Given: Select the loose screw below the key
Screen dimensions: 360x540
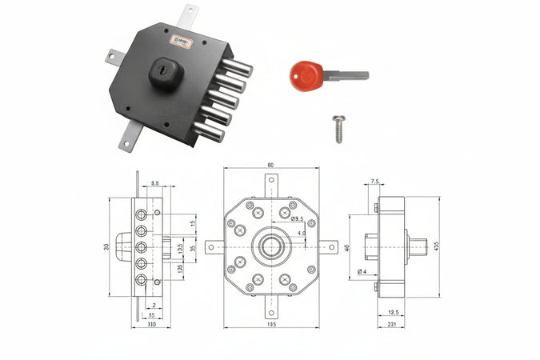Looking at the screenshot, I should (x=338, y=128).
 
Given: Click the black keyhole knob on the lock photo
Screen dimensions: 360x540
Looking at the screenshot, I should (x=166, y=73).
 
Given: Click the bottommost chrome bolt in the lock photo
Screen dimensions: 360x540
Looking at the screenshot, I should (x=210, y=130).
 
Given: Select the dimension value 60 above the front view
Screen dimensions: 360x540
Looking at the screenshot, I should (x=270, y=165).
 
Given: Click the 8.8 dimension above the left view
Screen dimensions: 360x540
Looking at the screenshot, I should (x=154, y=184).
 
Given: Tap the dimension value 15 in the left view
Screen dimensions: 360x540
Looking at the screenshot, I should (x=193, y=224).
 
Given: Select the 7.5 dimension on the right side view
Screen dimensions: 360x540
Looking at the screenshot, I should (x=375, y=182).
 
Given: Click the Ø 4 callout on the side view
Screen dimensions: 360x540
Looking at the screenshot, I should (x=362, y=273).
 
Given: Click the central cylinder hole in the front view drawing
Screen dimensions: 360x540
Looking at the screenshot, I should (x=271, y=247).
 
